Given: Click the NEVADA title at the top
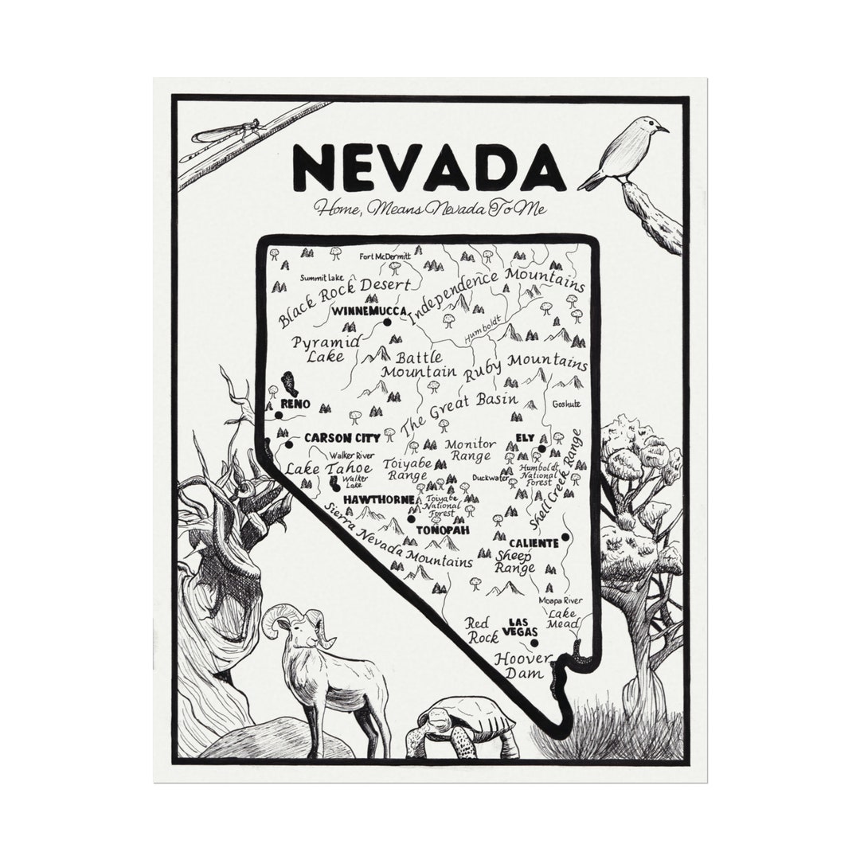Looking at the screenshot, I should (428, 167).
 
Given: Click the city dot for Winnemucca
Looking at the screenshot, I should (387, 322).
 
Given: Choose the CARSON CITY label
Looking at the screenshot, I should (342, 438).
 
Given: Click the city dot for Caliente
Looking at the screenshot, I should (565, 537).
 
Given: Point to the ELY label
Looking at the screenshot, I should (525, 438).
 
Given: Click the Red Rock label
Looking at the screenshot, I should (482, 630).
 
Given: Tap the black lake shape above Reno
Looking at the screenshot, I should (290, 385).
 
